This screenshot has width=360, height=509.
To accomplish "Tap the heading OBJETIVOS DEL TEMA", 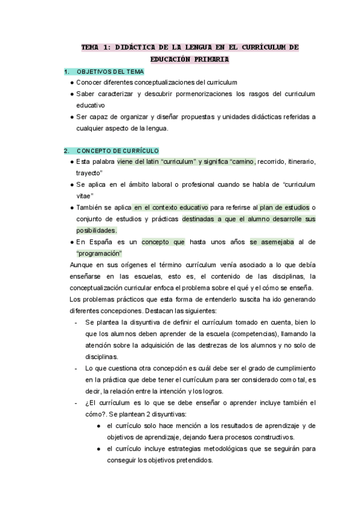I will point(110,72).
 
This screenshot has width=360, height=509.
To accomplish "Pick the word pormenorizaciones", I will point(205,94).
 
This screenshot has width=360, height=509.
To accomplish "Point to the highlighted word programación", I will point(99,253).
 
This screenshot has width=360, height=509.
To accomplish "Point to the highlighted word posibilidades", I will point(96,230).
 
